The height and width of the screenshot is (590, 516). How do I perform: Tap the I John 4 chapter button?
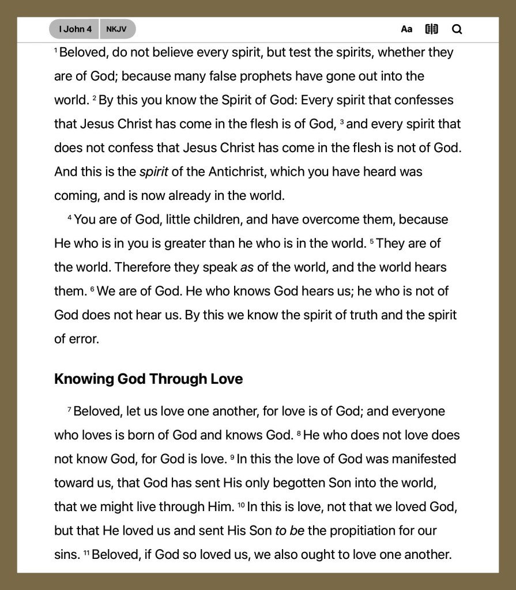75,29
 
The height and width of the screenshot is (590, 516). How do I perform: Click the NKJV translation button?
116,29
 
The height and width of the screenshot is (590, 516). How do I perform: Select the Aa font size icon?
406,29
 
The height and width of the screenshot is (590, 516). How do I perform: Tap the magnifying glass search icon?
457,29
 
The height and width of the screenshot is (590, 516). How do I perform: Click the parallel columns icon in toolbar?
431,29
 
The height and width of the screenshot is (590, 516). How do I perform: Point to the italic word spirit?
154,172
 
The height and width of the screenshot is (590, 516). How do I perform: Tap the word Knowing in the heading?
84,379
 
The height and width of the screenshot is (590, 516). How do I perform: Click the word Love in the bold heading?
226,379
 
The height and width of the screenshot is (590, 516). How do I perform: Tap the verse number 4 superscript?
70,218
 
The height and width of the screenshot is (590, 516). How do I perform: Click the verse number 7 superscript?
69,410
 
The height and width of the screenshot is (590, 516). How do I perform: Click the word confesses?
424,100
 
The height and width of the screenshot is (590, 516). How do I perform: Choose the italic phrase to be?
289,531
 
